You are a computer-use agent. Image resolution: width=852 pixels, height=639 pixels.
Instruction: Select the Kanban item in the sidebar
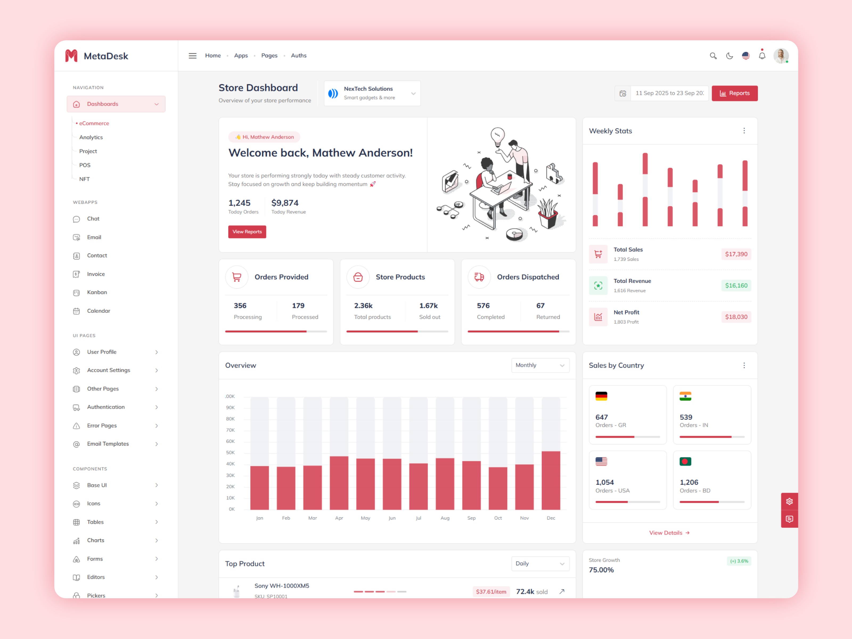tap(97, 292)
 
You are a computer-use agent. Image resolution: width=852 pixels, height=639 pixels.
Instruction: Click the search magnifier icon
tap(713, 56)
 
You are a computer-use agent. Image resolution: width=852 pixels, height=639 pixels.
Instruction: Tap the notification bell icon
tap(762, 56)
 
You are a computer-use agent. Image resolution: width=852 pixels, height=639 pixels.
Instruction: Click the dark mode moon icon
tap(729, 56)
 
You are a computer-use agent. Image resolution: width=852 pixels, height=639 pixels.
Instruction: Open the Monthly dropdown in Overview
tap(540, 365)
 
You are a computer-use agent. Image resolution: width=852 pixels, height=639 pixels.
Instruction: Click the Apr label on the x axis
tap(339, 518)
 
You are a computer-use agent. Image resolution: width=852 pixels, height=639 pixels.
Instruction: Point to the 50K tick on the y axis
tap(230, 453)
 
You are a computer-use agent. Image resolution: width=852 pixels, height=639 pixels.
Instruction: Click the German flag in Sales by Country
tap(601, 396)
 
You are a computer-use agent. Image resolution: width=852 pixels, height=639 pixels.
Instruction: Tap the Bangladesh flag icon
tap(685, 461)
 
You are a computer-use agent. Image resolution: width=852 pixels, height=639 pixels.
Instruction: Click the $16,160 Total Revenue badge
tap(736, 285)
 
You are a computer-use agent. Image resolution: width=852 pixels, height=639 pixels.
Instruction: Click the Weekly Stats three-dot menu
tap(744, 131)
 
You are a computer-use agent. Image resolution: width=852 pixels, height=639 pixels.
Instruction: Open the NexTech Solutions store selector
tap(372, 93)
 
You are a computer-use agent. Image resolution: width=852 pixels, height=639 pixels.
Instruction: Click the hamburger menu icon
tap(192, 56)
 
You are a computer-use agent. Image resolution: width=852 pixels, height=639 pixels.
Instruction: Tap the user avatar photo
tap(781, 56)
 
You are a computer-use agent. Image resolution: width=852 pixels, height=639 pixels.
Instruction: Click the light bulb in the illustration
tap(497, 136)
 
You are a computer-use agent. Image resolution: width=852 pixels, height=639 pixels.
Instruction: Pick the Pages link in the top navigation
tap(269, 55)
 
